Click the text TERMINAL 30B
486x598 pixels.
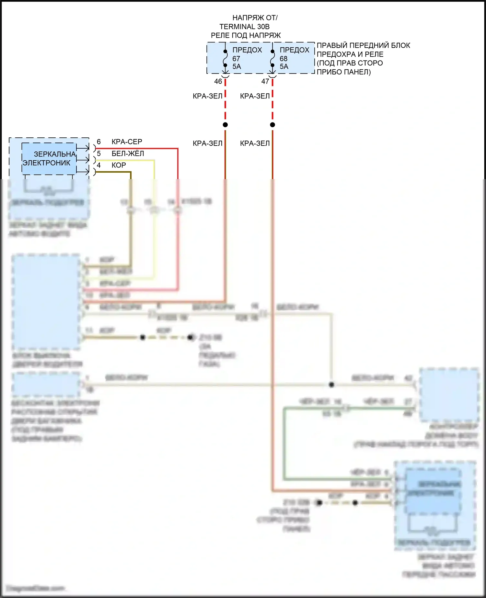pyautogui.click(x=244, y=27)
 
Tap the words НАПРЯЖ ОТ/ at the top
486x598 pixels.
pyautogui.click(x=255, y=18)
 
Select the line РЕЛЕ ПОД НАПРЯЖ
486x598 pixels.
pyautogui.click(x=246, y=35)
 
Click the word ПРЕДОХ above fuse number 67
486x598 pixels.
pyautogui.click(x=247, y=50)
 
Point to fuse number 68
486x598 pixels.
pyautogui.click(x=283, y=59)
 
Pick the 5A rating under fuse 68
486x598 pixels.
pyautogui.click(x=284, y=66)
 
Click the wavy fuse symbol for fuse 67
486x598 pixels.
pyautogui.click(x=226, y=58)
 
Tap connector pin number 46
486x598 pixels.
pyautogui.click(x=218, y=81)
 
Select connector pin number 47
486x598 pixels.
pyautogui.click(x=265, y=81)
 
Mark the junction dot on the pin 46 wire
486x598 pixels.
pyautogui.click(x=225, y=125)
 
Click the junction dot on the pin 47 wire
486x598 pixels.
pyautogui.click(x=272, y=125)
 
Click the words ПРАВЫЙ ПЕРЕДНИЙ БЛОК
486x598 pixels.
pyautogui.click(x=363, y=45)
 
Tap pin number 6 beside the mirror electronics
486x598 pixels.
pyautogui.click(x=99, y=142)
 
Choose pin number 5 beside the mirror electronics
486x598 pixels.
pyautogui.click(x=99, y=154)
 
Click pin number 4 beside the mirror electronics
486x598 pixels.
pyautogui.click(x=99, y=165)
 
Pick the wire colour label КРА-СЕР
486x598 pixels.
pyautogui.click(x=127, y=142)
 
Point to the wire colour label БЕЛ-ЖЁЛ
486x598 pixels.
pyautogui.click(x=128, y=154)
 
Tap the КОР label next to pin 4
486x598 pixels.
pyautogui.click(x=119, y=165)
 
